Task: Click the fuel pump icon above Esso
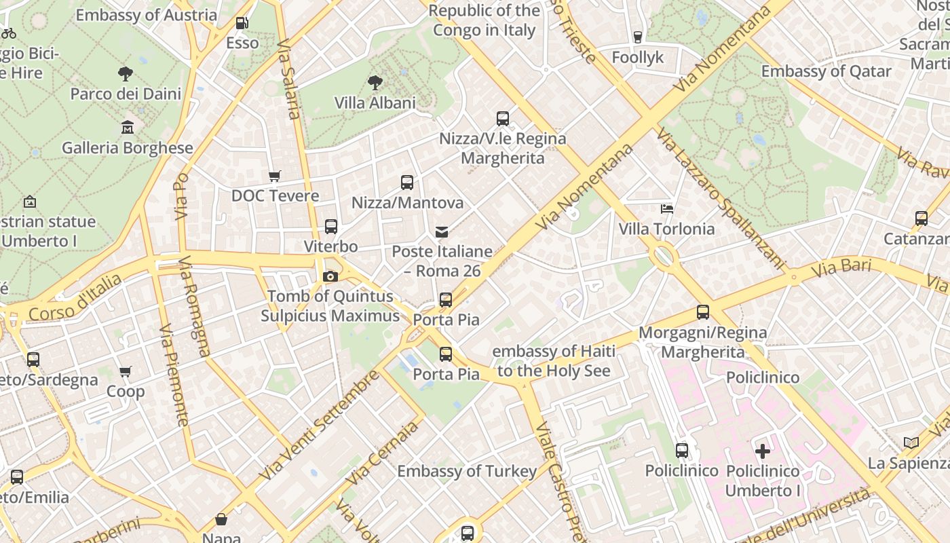242,23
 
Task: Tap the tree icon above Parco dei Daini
126,73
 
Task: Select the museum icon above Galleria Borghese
128,127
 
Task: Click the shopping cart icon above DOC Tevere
275,176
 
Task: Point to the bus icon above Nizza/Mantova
407,182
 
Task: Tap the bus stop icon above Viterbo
331,226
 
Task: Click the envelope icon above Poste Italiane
442,232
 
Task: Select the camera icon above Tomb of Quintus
330,276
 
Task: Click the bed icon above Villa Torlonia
667,209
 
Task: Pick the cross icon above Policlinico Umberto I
763,451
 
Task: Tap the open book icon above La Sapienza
911,443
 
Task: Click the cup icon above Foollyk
637,37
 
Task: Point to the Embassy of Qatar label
826,71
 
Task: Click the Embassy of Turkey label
467,470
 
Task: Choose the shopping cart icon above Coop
126,372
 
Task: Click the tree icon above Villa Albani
375,83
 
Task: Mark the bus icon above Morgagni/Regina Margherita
703,312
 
